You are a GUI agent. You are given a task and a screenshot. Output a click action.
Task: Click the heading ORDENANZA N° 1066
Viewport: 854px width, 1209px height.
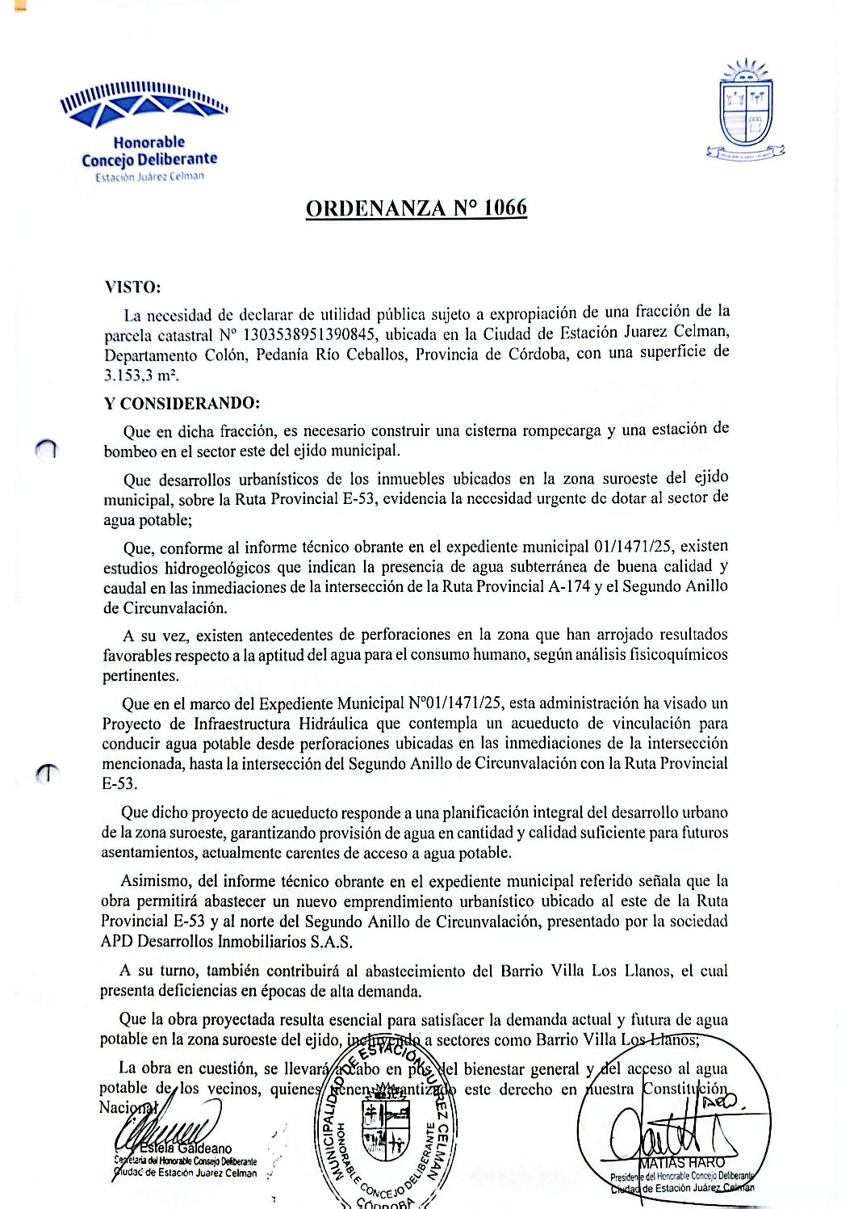tap(416, 208)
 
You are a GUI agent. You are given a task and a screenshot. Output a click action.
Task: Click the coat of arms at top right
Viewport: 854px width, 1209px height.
tap(746, 110)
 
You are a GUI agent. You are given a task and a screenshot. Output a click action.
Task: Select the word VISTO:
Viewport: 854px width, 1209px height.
tap(132, 288)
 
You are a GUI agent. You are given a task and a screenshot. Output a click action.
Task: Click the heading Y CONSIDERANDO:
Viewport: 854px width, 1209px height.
tap(182, 404)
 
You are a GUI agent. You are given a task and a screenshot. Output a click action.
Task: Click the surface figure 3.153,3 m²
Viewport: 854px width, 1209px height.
tap(141, 376)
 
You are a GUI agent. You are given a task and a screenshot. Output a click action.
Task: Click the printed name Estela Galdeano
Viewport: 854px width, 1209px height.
tap(186, 1148)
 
